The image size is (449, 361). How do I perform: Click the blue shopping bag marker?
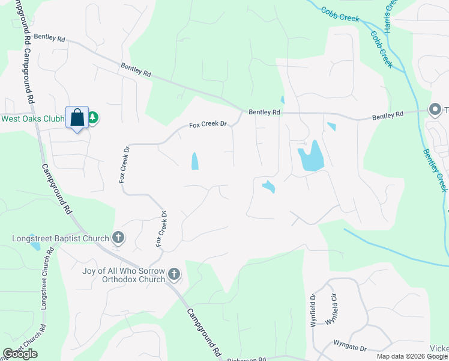77,117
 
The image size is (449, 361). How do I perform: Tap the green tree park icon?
93,119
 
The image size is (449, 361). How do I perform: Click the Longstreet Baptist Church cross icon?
118,238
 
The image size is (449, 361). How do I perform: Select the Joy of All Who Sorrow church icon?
174,274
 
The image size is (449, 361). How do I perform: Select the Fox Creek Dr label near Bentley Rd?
208,125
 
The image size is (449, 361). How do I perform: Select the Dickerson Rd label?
246,359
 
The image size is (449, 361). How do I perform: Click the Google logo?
20,354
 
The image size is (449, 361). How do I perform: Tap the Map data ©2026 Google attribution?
412,356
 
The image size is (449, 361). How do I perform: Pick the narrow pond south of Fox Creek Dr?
194,161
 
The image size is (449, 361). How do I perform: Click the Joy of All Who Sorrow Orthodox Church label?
124,275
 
